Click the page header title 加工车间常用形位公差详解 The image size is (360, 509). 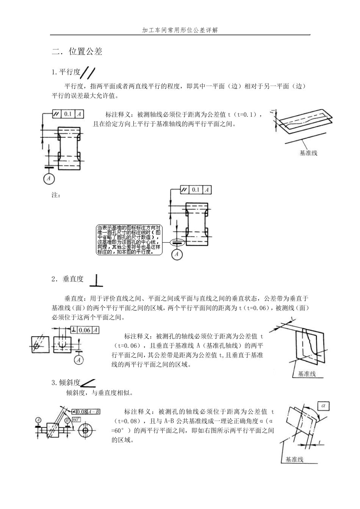pos(180,30)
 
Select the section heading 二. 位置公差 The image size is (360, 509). pos(77,52)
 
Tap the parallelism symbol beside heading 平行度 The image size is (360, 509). pos(88,73)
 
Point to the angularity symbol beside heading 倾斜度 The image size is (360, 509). pos(88,383)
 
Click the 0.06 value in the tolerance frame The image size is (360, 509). pos(84,330)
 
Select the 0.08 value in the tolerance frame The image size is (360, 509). pos(82,412)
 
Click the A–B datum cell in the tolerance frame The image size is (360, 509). pos(94,412)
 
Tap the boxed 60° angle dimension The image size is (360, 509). pos(76,420)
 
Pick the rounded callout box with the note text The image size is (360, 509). pos(129,240)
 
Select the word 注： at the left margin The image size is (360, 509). pos(56,195)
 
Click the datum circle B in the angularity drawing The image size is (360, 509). pos(67,420)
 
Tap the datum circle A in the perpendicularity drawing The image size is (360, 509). pos(79,360)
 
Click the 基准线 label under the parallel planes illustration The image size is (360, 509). pos(308,153)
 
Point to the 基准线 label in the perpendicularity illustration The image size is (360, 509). pos(307,373)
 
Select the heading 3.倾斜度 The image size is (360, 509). pos(66,383)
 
